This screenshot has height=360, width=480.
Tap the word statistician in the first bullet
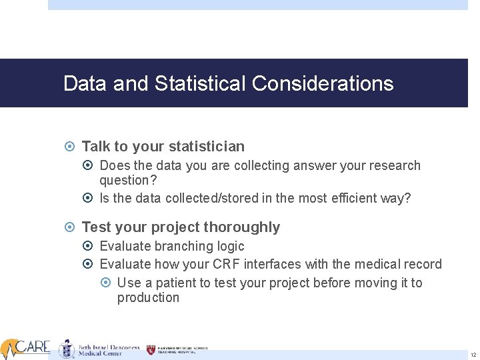tap(207, 146)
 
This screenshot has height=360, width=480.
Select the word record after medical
tap(420, 265)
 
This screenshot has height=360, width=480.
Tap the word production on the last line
tap(148, 297)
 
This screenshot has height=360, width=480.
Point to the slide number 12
tap(473, 354)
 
